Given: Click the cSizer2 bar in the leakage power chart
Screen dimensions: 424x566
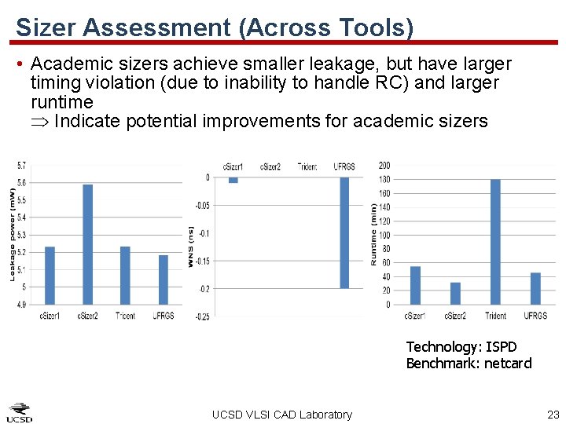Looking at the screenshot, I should click(87, 244).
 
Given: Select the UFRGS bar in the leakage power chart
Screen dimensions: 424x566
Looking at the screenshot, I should click(164, 280).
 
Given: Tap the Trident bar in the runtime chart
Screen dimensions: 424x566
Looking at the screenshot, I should click(495, 242).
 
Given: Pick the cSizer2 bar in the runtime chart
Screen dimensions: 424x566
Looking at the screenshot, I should click(455, 293).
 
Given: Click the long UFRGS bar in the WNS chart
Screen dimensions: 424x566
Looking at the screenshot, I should click(344, 232).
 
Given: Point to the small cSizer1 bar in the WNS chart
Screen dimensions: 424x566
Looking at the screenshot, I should click(233, 180).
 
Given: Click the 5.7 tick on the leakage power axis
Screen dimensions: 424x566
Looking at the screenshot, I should click(20, 165).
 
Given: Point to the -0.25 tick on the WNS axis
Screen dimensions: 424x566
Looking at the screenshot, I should click(202, 316).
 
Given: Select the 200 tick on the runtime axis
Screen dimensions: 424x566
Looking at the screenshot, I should click(384, 166).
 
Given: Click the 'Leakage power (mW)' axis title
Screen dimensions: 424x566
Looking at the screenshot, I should click(13, 234).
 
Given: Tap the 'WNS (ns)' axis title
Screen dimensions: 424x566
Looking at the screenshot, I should click(191, 246).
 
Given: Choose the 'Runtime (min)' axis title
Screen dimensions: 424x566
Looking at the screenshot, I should click(373, 234).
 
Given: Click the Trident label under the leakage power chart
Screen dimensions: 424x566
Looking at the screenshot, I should click(125, 316).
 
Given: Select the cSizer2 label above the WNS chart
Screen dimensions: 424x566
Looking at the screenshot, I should click(270, 166).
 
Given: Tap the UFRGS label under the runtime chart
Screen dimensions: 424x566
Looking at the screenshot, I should click(535, 316).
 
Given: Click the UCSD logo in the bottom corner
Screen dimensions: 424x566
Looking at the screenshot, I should click(20, 412).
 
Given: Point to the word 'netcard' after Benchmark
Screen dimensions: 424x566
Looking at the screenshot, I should click(508, 363).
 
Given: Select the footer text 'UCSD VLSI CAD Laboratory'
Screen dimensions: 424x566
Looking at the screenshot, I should click(282, 415).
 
